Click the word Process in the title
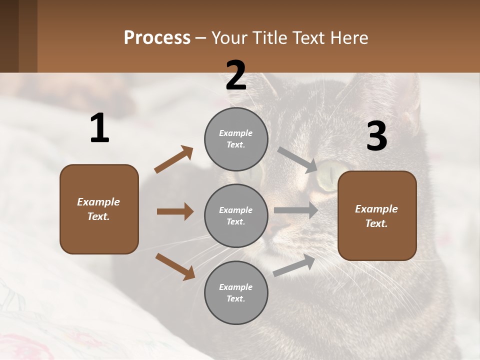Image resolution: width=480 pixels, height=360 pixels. (x=157, y=38)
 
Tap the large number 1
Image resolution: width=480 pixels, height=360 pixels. (x=99, y=128)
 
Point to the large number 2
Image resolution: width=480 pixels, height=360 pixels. (x=235, y=75)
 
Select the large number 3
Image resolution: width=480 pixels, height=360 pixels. (x=376, y=136)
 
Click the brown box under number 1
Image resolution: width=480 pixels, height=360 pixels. (x=99, y=209)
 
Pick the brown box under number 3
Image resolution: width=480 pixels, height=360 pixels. (x=377, y=215)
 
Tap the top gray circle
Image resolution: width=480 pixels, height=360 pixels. (x=236, y=139)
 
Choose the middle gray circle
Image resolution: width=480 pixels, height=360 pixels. (x=236, y=215)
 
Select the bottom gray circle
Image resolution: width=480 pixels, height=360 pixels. (x=236, y=292)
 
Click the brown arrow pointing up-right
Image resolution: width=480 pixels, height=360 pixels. (x=173, y=159)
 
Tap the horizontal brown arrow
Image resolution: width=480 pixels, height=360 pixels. (x=175, y=211)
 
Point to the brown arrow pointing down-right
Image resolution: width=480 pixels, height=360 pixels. (x=175, y=266)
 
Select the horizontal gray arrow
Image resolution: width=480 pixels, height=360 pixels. (x=295, y=210)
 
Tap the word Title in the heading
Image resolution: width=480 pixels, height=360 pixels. (x=269, y=38)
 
